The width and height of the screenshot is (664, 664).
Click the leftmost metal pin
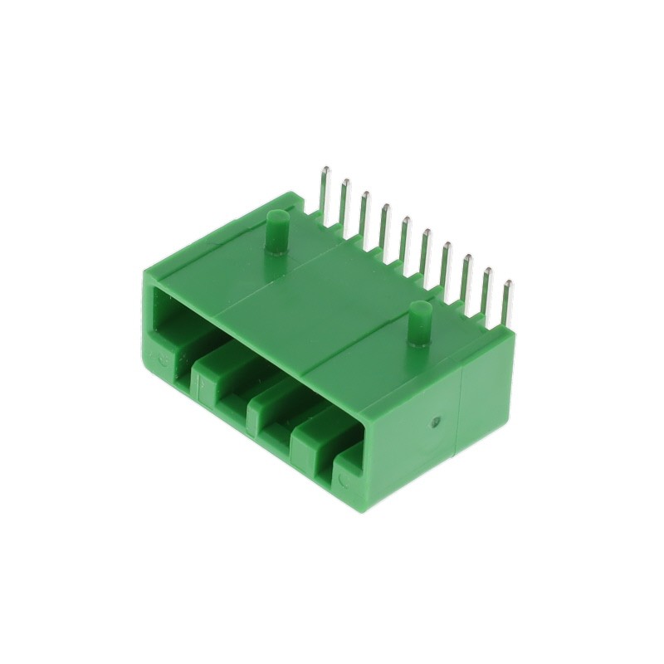tap(325, 191)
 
